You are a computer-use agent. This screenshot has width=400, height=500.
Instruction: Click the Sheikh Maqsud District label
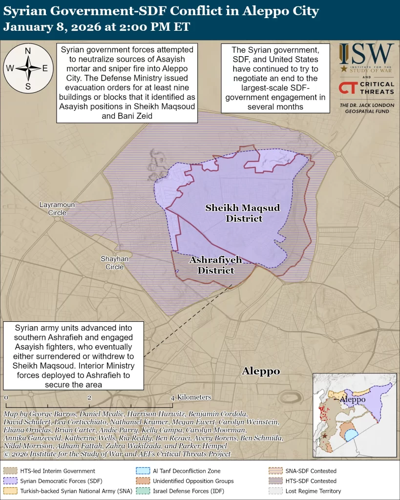(x=243, y=213)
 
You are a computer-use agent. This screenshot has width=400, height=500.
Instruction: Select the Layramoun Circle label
(x=57, y=208)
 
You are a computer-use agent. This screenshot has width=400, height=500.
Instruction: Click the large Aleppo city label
(x=261, y=372)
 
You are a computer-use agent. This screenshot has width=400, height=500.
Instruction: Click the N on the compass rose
(x=28, y=51)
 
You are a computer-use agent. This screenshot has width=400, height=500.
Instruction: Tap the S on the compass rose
(x=28, y=87)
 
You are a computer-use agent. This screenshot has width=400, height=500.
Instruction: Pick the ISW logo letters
(x=367, y=54)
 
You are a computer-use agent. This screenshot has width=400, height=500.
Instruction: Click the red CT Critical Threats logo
(x=347, y=88)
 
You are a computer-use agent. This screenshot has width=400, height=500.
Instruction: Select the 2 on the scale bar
(x=89, y=398)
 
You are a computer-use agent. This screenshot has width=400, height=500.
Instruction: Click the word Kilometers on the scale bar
(x=194, y=397)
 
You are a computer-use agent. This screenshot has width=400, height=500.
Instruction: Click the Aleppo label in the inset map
(x=352, y=400)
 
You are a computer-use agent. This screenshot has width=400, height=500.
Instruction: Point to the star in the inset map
(x=325, y=436)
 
